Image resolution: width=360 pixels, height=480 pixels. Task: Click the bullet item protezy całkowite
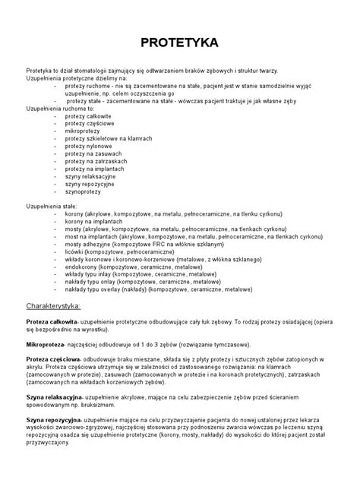[x=88, y=114]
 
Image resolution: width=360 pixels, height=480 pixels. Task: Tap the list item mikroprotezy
[x=84, y=130]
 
